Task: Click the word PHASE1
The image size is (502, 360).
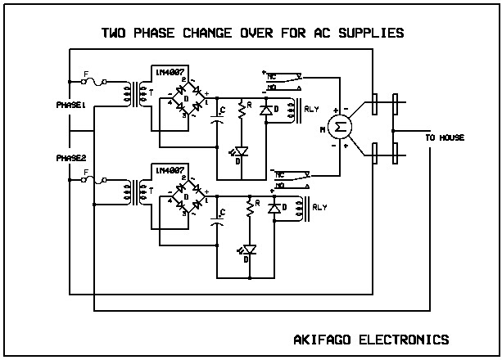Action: pos(70,106)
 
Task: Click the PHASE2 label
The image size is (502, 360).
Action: pos(70,157)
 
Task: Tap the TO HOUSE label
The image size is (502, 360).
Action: pos(445,138)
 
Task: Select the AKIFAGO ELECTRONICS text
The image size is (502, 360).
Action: pos(370,339)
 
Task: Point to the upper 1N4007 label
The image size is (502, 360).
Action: pos(169,72)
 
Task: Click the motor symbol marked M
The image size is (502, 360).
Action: pos(335,127)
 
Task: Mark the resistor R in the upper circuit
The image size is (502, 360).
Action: pos(242,109)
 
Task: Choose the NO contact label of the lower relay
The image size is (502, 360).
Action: pos(282,185)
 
